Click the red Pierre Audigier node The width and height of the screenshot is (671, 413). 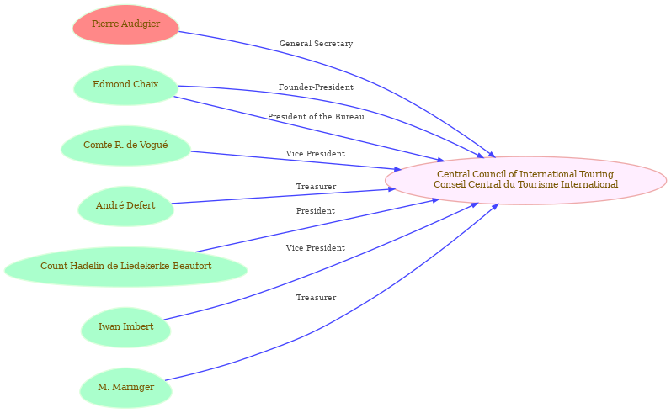125,24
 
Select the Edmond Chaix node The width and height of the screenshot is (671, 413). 125,85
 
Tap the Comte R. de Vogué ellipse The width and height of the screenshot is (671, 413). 125,146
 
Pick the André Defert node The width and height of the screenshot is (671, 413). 125,206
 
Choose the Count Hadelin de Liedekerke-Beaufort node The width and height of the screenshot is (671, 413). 125,267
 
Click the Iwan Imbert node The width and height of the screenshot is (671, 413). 125,327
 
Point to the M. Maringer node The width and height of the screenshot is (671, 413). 125,388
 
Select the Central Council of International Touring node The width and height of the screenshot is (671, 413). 525,180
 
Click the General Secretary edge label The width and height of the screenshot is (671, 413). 316,44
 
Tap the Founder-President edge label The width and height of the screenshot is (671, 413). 316,87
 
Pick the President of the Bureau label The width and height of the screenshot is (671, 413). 316,117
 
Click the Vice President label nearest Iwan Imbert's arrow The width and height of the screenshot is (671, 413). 316,248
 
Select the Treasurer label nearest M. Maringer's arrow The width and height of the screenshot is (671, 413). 316,298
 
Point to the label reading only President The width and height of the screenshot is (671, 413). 316,211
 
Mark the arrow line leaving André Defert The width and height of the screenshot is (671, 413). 283,196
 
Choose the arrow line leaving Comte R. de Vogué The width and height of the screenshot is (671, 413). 296,161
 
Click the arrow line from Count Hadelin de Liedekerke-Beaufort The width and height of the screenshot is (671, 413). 317,225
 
